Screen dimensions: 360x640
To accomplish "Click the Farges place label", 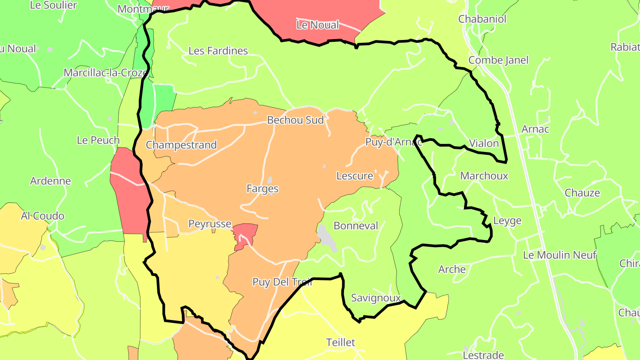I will pyautogui.click(x=263, y=188).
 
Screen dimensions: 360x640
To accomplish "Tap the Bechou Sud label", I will pyautogui.click(x=295, y=120).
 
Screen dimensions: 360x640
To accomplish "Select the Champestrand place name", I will pyautogui.click(x=181, y=145).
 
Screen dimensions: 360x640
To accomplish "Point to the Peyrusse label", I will pyautogui.click(x=210, y=224).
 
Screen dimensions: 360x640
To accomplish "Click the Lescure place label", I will pyautogui.click(x=355, y=176).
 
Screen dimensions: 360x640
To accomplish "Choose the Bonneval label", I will pyautogui.click(x=356, y=226).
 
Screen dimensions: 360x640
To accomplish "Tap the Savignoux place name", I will pyautogui.click(x=376, y=298).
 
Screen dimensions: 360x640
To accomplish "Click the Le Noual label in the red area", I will pyautogui.click(x=318, y=25).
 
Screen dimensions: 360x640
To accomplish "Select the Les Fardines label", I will pyautogui.click(x=218, y=51).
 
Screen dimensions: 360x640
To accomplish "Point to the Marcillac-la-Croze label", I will pyautogui.click(x=105, y=72).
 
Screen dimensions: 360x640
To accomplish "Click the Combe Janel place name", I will pyautogui.click(x=499, y=60).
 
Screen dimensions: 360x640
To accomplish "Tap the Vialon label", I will pyautogui.click(x=484, y=144).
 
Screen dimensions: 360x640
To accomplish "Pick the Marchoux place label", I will pyautogui.click(x=484, y=176).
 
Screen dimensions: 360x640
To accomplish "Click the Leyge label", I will pyautogui.click(x=507, y=221).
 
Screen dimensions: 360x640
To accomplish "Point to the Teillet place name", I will pyautogui.click(x=341, y=342).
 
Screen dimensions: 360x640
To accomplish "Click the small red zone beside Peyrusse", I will pyautogui.click(x=245, y=234).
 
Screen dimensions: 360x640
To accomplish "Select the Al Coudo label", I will pyautogui.click(x=43, y=216).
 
